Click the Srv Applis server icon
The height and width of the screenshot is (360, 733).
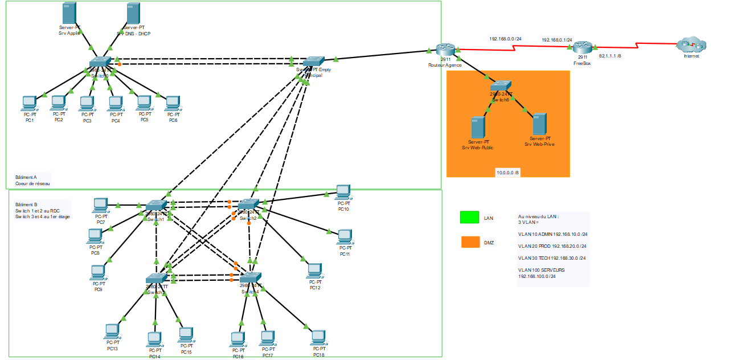[69, 13]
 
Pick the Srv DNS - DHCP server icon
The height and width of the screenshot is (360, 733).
[133, 13]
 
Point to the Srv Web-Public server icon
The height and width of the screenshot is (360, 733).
[477, 127]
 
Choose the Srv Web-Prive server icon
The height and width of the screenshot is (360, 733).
[539, 124]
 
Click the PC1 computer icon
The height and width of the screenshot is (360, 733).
[29, 103]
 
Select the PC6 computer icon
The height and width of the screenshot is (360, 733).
[173, 103]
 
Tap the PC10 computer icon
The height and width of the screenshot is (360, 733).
[343, 192]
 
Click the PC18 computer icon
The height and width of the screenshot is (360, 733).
[318, 337]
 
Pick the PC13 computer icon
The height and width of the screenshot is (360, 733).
[112, 332]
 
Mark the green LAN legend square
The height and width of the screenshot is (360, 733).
[469, 217]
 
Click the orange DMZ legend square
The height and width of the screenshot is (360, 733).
[470, 242]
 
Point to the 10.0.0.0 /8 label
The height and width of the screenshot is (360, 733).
[507, 173]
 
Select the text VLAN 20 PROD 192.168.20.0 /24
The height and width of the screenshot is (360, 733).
[552, 246]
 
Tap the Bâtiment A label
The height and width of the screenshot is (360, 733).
[27, 178]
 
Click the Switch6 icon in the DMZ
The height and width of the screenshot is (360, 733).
[502, 87]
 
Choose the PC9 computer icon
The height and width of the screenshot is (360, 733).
[99, 273]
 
